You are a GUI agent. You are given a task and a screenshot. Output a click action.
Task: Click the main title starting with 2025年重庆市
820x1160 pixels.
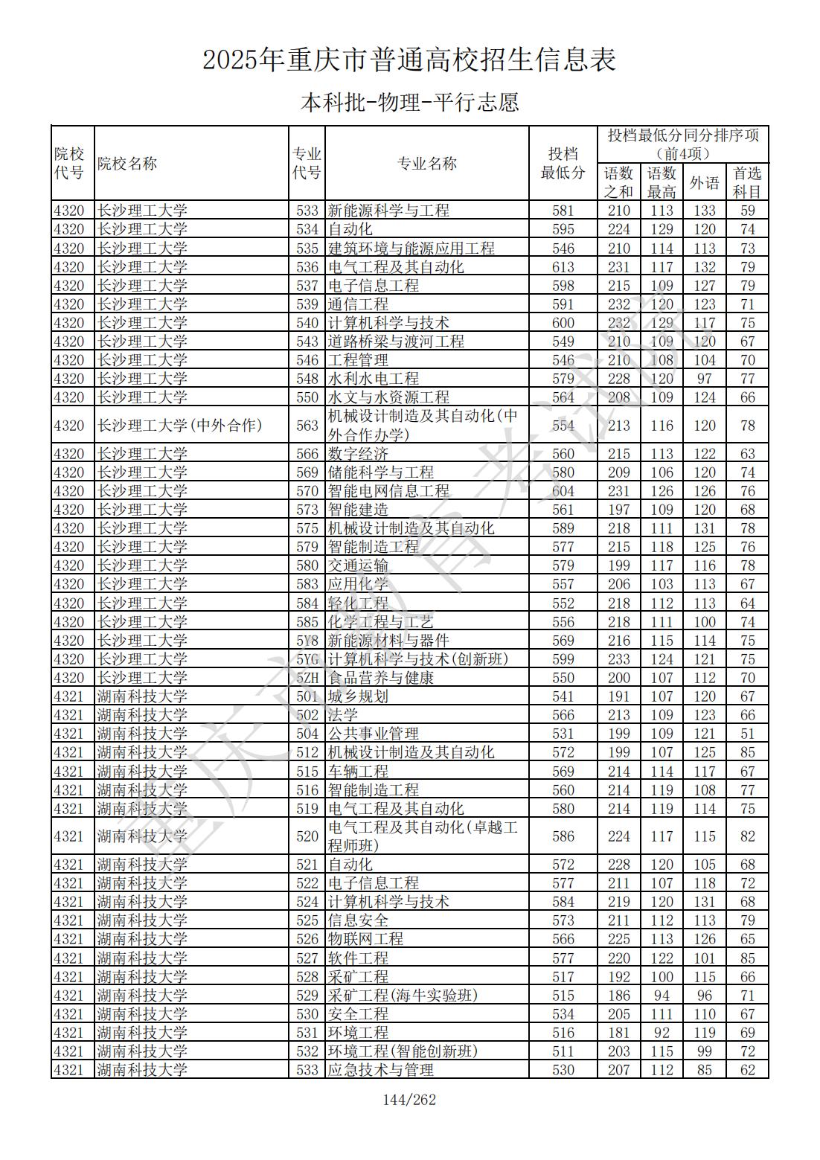point(409,60)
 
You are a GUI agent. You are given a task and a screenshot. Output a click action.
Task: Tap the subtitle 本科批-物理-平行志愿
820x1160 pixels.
point(409,102)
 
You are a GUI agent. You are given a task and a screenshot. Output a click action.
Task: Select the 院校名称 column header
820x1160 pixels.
point(127,164)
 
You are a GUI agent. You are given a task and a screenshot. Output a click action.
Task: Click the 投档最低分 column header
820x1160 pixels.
point(563,164)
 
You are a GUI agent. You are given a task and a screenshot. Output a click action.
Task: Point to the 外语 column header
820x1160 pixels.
point(704,182)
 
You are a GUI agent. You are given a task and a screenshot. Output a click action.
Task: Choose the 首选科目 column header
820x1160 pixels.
point(747,182)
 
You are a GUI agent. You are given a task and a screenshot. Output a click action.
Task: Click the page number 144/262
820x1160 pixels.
point(409,1100)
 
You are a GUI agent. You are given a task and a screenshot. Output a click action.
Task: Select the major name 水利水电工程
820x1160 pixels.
point(374,379)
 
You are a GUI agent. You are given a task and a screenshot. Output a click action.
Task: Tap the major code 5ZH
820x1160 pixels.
point(307,678)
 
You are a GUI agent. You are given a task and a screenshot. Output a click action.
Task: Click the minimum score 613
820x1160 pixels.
point(563,267)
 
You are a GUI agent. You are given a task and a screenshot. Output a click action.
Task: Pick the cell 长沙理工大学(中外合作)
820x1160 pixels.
point(180,426)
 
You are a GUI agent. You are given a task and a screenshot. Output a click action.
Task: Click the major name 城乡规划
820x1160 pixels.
point(358,696)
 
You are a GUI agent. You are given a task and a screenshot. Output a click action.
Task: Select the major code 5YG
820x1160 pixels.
point(307,659)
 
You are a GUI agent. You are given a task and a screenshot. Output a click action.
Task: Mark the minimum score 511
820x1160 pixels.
point(563,1051)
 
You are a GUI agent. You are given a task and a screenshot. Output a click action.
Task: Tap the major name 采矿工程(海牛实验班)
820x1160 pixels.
point(403,996)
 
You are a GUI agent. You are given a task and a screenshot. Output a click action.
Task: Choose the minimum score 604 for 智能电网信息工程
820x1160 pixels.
point(563,491)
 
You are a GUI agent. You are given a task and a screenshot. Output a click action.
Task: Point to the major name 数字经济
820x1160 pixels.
point(358,454)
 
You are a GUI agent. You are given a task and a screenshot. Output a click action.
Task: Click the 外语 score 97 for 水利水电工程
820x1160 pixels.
point(704,379)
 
